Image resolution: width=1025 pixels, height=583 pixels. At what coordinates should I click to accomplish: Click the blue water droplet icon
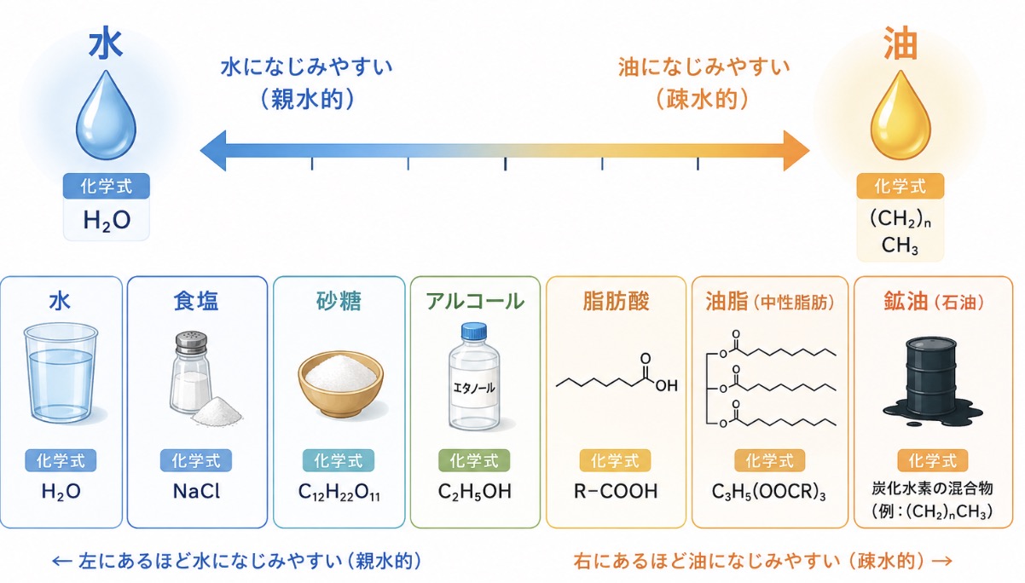(106, 117)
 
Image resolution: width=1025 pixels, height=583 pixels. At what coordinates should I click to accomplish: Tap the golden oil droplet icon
(900, 117)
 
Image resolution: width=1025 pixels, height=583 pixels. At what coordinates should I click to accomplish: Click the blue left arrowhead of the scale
(213, 150)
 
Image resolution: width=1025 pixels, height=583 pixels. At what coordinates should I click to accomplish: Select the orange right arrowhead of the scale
(796, 150)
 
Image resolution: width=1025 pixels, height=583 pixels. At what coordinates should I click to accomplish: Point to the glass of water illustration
(61, 372)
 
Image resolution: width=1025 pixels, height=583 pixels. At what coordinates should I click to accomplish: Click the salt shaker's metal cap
(191, 343)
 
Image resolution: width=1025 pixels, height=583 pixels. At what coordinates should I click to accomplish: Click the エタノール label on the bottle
(474, 388)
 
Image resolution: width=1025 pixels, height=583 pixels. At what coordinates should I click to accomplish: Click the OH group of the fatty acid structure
(666, 386)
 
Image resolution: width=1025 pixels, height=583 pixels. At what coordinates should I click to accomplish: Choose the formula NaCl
(196, 492)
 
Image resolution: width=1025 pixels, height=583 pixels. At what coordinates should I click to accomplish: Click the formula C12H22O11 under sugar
(339, 493)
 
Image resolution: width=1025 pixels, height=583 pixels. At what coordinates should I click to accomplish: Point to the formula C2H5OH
(474, 492)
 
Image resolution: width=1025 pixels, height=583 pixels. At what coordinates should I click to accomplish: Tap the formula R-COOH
(616, 492)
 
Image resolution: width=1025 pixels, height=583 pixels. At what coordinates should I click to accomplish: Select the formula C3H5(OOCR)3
(769, 493)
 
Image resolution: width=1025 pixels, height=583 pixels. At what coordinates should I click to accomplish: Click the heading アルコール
(475, 302)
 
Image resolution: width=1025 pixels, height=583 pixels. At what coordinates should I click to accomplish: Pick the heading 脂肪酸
(616, 302)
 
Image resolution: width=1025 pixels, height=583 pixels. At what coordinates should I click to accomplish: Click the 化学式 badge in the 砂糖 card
(339, 460)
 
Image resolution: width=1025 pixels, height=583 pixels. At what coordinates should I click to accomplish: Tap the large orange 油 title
(900, 43)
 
